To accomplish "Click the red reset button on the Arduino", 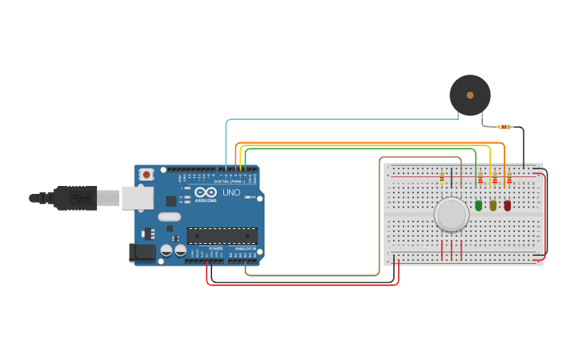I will click(146, 175).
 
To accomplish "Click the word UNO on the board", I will click(231, 192).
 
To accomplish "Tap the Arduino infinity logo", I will click(205, 192).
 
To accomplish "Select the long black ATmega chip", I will click(222, 235).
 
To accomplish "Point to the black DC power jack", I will click(142, 253).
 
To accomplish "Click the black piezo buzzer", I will click(470, 95).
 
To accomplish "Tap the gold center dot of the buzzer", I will click(470, 95).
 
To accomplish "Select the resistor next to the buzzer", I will click(504, 127).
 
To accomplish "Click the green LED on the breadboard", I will click(478, 205).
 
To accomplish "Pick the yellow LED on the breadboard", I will click(493, 205).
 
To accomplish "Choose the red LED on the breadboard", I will click(507, 205).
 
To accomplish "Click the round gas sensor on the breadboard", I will click(451, 214).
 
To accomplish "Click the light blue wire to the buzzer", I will click(342, 120).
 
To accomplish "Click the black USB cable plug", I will click(75, 198).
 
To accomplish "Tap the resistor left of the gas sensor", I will click(442, 180).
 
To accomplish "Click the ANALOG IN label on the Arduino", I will click(245, 249).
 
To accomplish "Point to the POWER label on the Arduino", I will click(215, 249).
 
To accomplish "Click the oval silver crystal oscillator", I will click(169, 216).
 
